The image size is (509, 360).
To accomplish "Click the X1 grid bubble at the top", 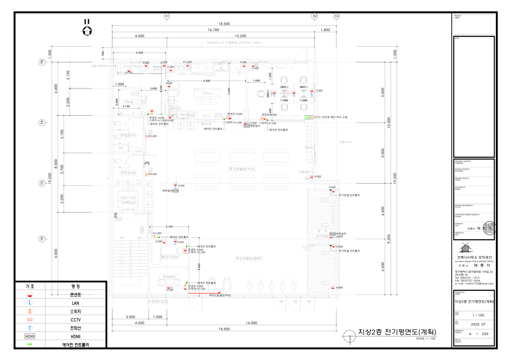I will coord(167,16).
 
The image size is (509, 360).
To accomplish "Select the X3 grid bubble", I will coord(336,16).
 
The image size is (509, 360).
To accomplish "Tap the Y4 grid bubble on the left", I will coord(42,123).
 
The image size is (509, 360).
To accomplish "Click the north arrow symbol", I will coord(87,30).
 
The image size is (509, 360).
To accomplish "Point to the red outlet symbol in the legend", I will coord(30,294).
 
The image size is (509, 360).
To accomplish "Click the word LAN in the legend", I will coord(76,303).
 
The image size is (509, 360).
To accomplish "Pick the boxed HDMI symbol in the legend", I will coord(30,336).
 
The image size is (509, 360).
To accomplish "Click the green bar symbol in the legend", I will coord(30,344).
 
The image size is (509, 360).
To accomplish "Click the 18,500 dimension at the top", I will coord(224,24).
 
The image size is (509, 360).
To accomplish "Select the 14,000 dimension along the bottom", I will coord(251,323).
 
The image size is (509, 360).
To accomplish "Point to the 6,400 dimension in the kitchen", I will coord(207,81).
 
